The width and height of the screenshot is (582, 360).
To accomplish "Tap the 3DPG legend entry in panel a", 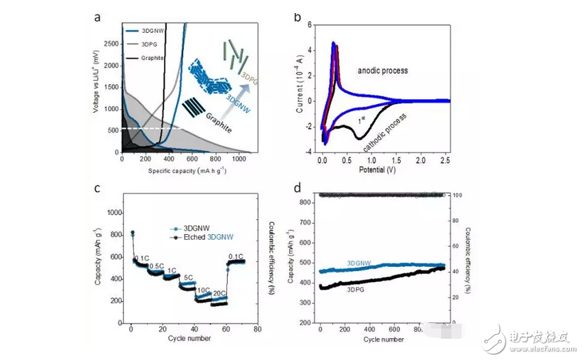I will (149, 44).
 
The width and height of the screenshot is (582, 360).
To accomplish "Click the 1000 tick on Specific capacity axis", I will (239, 158).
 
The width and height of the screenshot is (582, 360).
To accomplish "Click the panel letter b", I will (297, 16).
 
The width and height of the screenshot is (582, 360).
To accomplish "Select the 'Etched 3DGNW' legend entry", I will (206, 237).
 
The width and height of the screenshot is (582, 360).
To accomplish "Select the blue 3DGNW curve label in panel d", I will (360, 262).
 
